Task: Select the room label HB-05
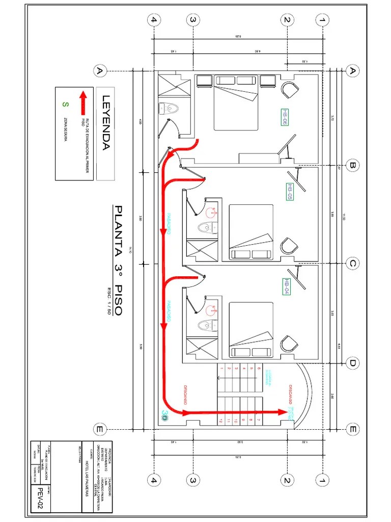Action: (291, 192)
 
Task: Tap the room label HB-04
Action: (287, 286)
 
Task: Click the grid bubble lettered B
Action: (351, 165)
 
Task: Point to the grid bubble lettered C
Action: (351, 264)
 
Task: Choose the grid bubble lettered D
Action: (351, 363)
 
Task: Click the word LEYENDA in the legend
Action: (106, 123)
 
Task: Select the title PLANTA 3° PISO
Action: (119, 260)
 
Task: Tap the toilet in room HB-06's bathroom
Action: (169, 108)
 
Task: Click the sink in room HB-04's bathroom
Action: (212, 308)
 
